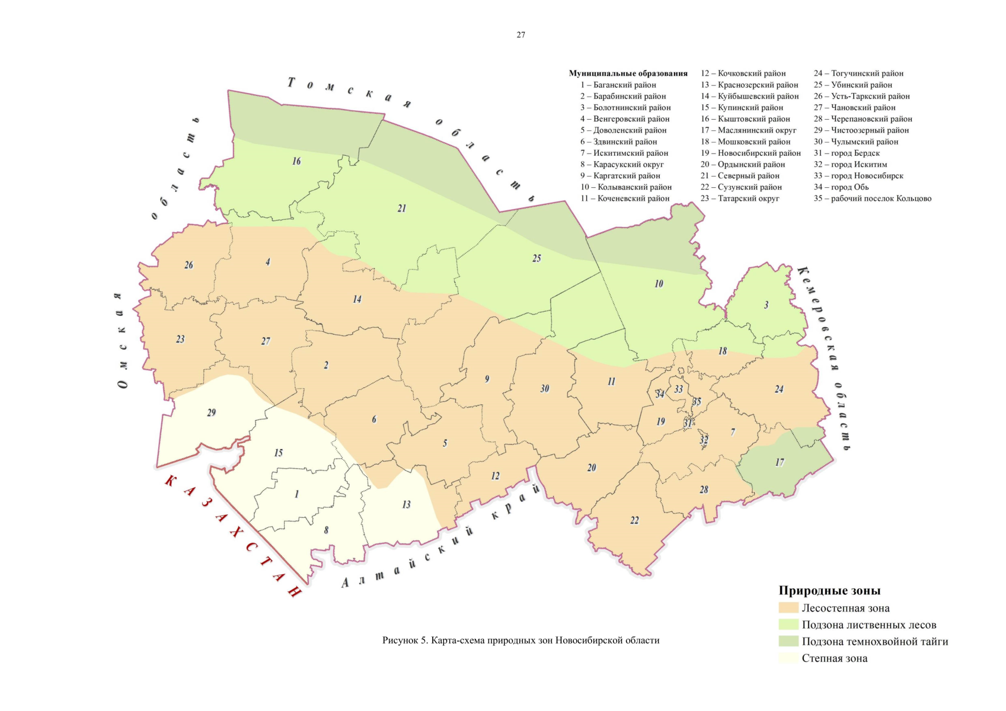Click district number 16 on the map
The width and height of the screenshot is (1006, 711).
click(296, 161)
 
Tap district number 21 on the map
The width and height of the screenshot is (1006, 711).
click(402, 209)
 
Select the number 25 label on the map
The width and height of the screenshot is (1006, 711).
click(536, 258)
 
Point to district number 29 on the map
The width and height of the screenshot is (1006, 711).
click(212, 413)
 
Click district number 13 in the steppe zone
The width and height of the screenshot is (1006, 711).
click(406, 505)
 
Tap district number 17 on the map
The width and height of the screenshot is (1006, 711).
click(780, 462)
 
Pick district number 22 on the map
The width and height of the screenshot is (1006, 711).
click(634, 520)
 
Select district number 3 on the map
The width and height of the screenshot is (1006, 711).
click(766, 305)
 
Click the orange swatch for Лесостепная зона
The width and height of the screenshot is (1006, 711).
click(788, 608)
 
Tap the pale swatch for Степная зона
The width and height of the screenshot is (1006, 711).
click(788, 658)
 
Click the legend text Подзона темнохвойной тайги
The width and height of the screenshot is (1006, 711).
click(874, 641)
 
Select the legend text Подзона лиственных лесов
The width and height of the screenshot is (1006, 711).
click(868, 624)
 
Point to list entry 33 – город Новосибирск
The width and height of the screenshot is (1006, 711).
click(858, 176)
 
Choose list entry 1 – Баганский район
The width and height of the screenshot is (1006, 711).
click(618, 85)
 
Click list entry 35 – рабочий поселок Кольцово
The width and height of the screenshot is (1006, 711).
click(872, 198)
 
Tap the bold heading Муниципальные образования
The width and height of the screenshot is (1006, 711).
click(628, 73)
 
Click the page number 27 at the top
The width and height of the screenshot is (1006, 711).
click(520, 35)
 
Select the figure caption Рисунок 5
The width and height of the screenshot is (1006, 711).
click(520, 640)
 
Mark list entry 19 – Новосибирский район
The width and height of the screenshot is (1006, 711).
click(750, 153)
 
